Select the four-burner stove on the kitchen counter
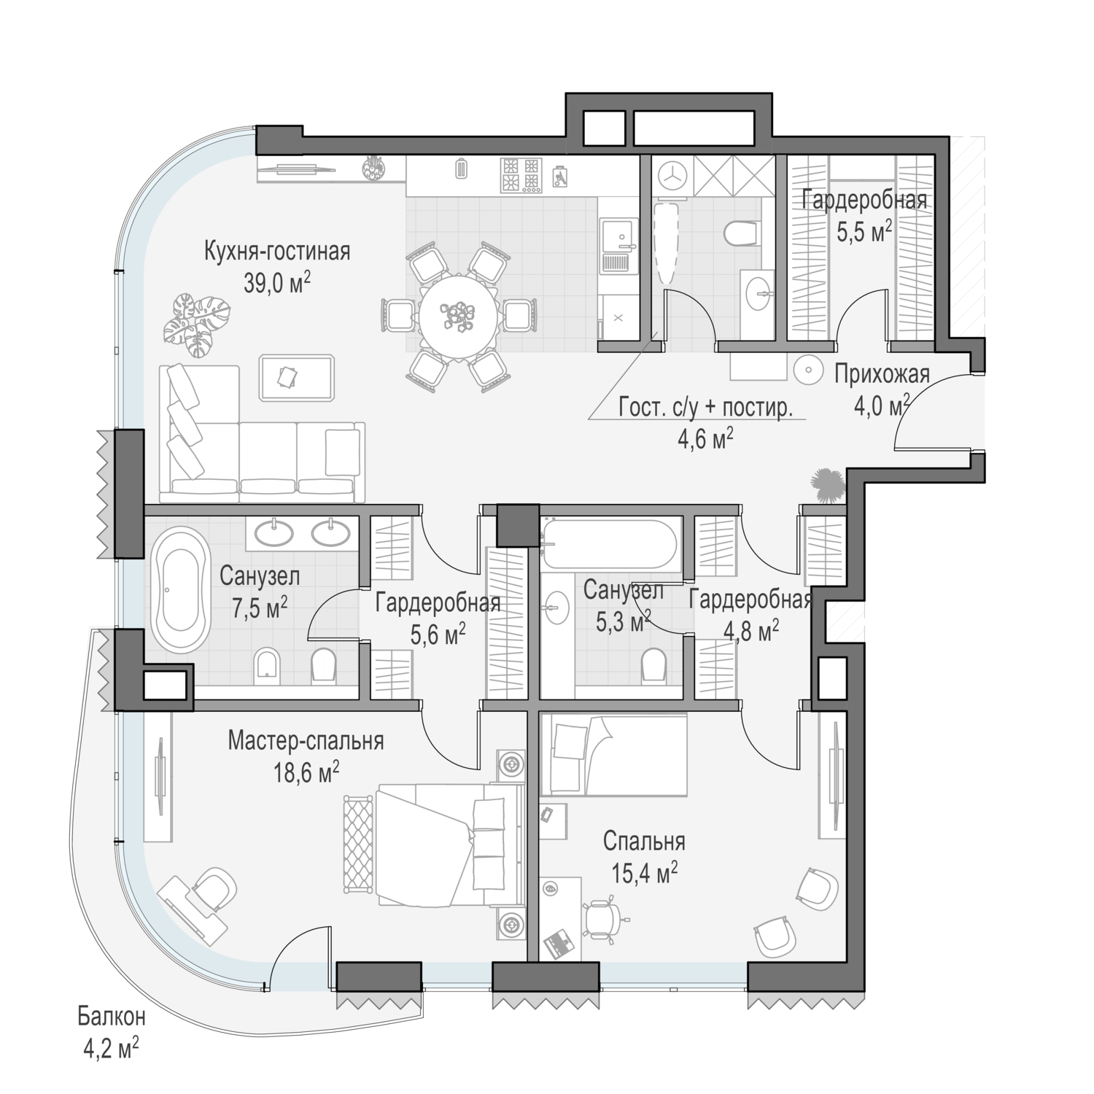[521, 176]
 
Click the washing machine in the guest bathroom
[671, 177]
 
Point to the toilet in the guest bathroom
[740, 233]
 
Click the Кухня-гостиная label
[277, 252]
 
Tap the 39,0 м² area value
[277, 282]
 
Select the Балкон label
[112, 1016]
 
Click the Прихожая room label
[882, 374]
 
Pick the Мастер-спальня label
[306, 741]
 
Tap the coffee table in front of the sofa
[297, 378]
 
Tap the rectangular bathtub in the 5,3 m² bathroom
[611, 543]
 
